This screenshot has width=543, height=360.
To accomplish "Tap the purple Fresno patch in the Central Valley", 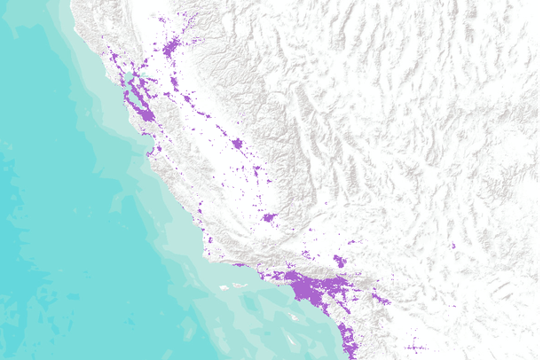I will pos(236,143).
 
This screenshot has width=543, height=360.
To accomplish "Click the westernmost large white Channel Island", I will pos(224,286).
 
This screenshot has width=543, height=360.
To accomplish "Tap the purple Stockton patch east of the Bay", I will pos(173,84).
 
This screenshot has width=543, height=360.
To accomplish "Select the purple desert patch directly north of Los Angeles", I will pos(340,261).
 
